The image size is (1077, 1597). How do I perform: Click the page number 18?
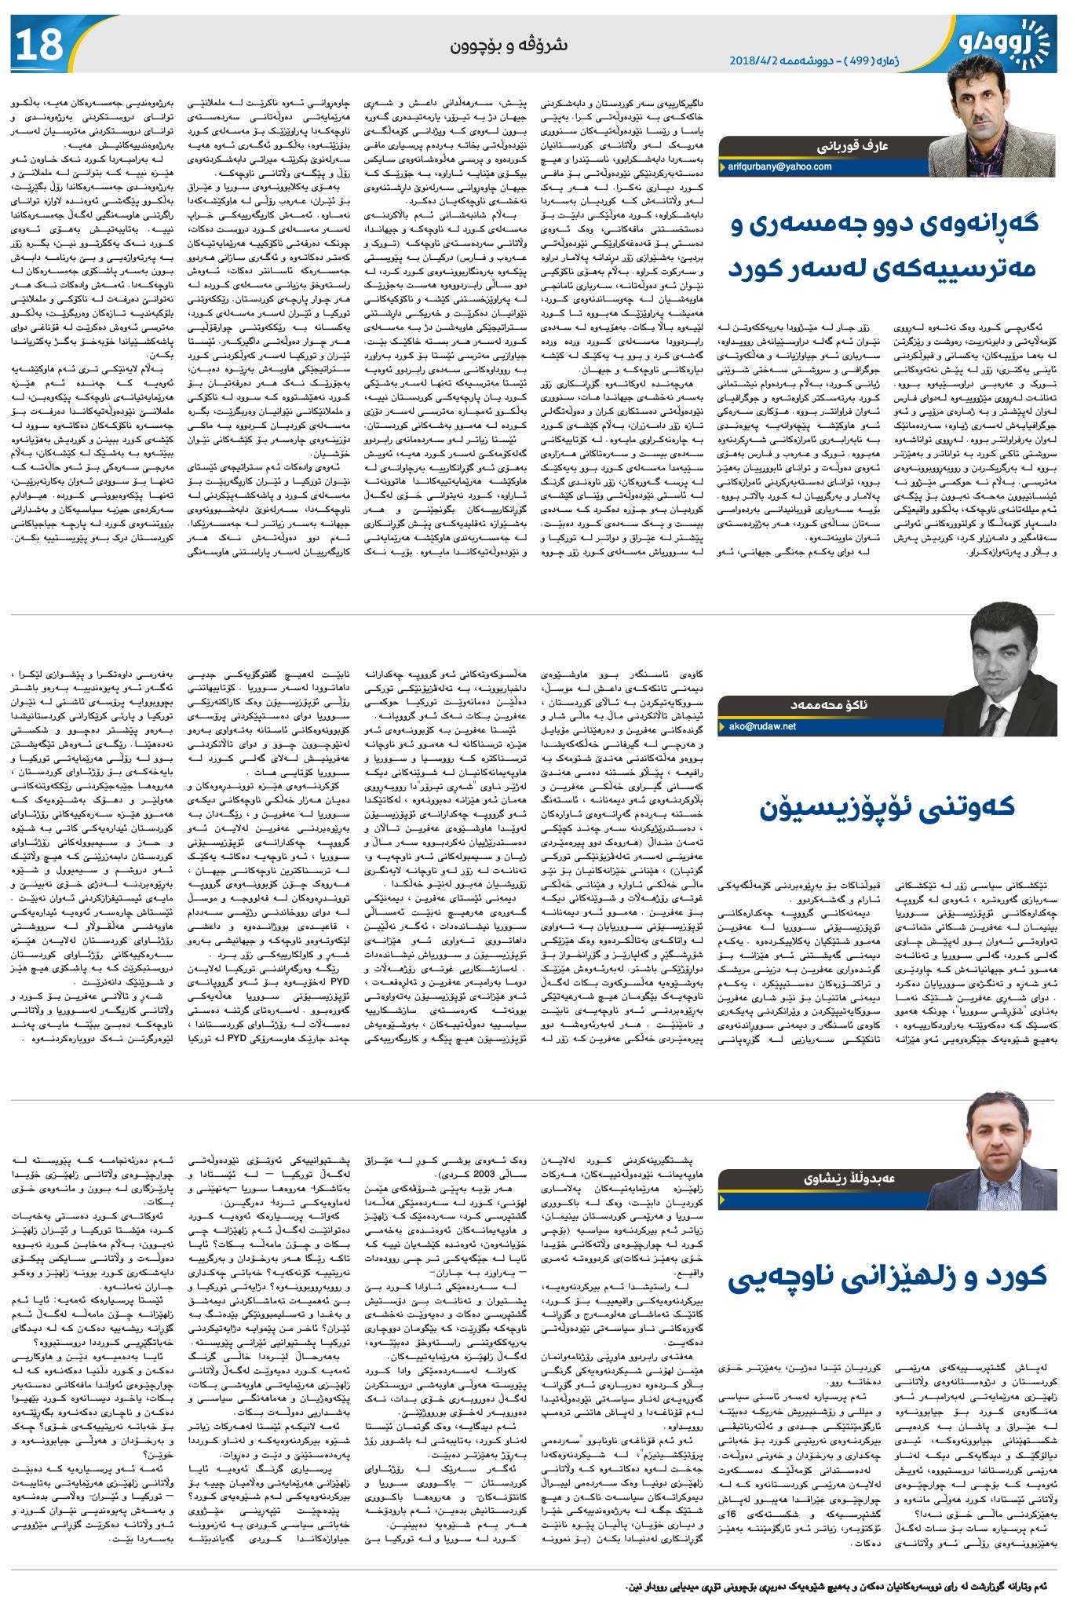tap(38, 45)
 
